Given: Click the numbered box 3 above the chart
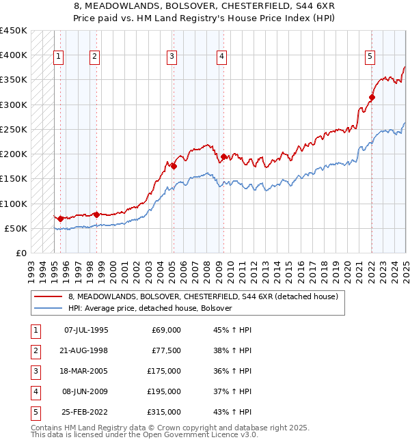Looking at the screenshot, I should (172, 57).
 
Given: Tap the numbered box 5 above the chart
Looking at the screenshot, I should (370, 57).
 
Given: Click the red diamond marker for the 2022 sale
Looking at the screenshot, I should (372, 97).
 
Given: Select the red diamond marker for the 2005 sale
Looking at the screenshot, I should (174, 166).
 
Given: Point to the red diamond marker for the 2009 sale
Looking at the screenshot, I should (223, 156).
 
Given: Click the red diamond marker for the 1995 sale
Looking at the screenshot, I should (61, 219).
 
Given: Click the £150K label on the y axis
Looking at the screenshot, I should (14, 179).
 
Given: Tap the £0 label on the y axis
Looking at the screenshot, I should (20, 253).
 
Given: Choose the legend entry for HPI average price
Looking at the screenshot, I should (150, 308).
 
